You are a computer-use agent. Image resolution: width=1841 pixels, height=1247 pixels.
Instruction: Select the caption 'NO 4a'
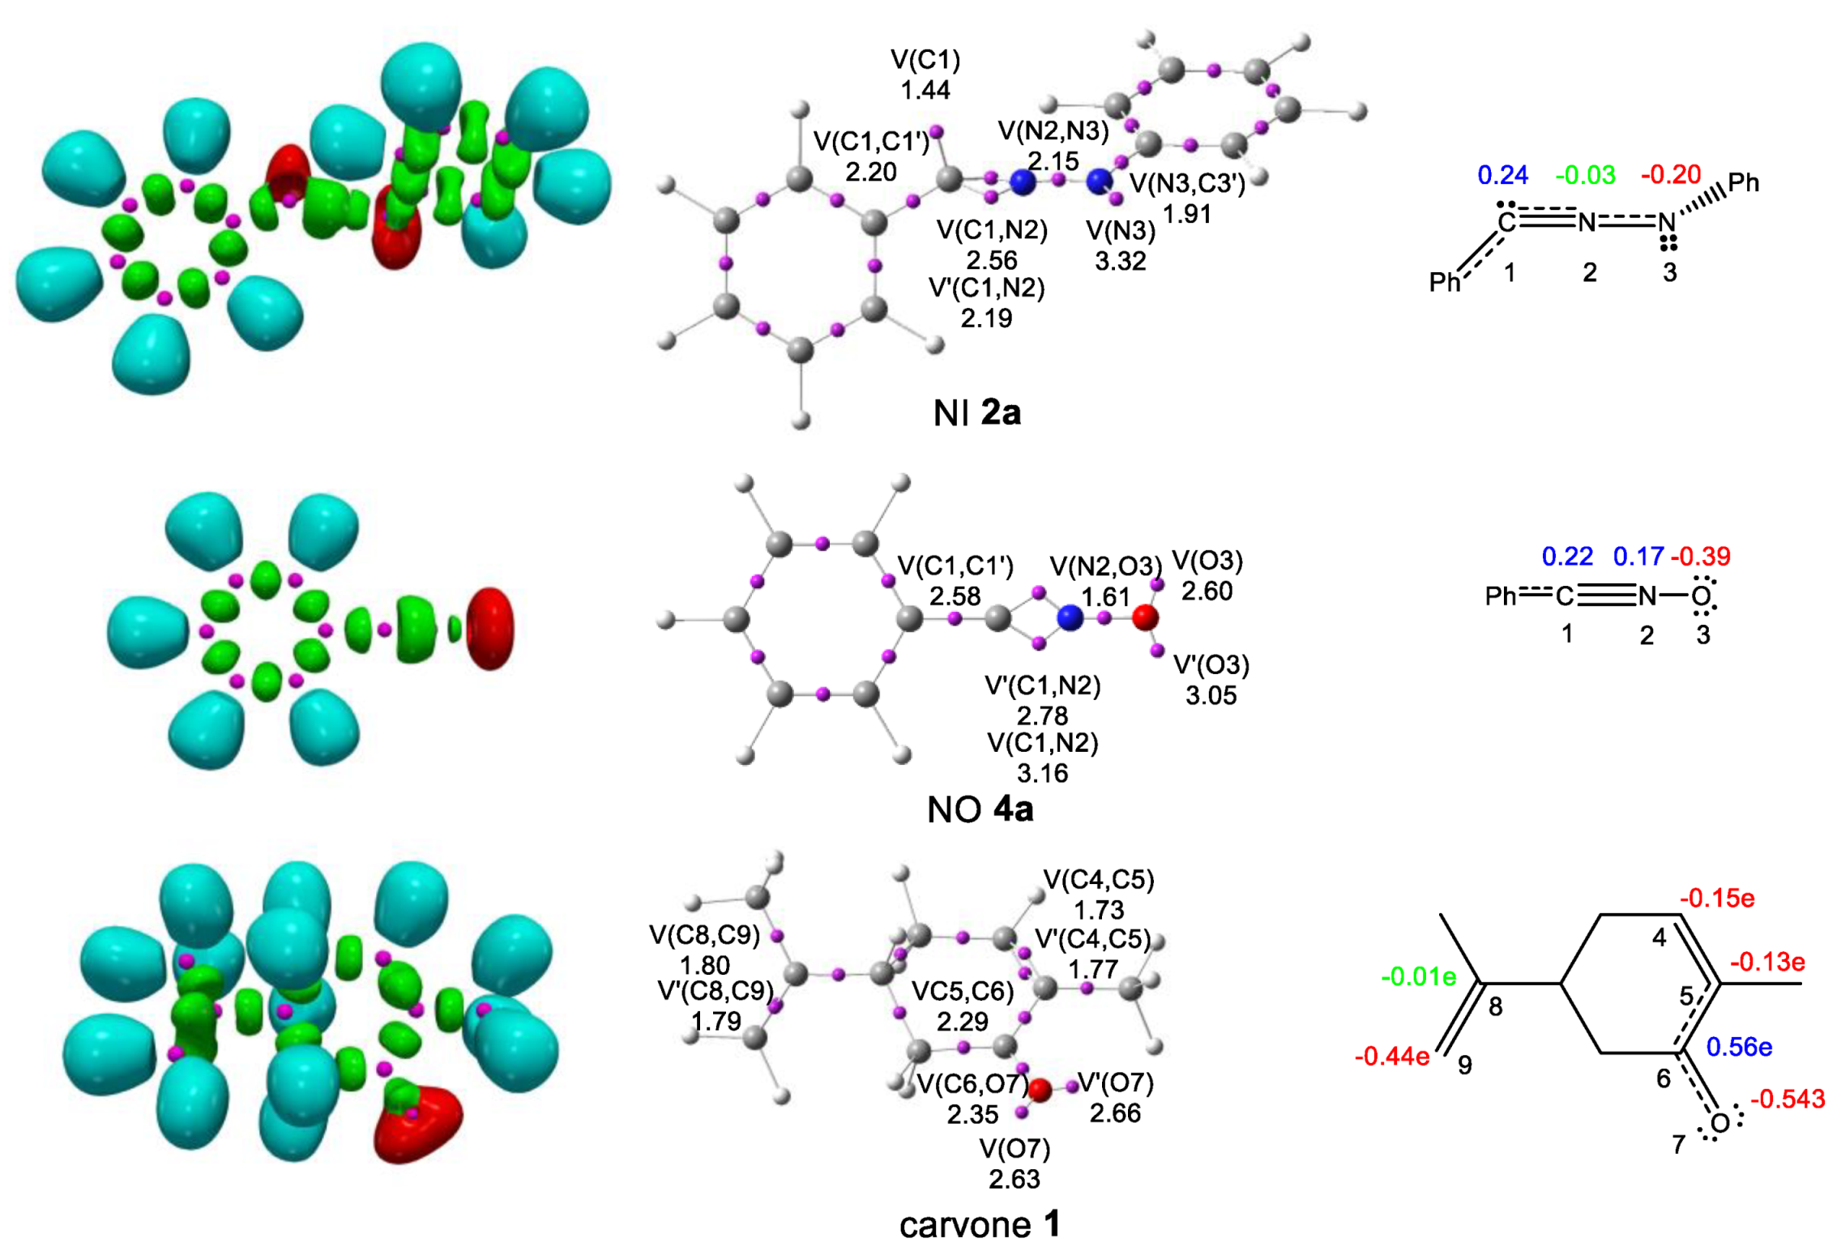coord(980,809)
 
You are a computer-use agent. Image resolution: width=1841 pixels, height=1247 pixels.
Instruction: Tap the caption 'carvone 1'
coord(980,1224)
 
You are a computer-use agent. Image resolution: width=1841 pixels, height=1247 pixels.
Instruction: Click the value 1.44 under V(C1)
coord(925,89)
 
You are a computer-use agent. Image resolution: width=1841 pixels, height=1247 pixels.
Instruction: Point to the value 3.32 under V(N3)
coord(1120,261)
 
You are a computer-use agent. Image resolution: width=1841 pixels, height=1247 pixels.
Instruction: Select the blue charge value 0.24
coord(1502,175)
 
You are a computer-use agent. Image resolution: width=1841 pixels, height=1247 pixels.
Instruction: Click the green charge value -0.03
coord(1585,175)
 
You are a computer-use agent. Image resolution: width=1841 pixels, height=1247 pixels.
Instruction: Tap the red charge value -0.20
coord(1670,175)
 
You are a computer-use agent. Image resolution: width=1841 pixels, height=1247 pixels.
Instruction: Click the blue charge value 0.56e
coord(1739,1047)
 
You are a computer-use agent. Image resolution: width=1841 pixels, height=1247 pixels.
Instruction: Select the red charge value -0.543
coord(1788,1099)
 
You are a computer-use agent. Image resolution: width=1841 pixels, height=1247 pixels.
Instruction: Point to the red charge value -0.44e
coord(1391,1056)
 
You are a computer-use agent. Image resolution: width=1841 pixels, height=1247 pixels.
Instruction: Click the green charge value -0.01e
coord(1418,976)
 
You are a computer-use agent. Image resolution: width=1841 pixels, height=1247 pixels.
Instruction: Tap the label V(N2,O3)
coord(1105,566)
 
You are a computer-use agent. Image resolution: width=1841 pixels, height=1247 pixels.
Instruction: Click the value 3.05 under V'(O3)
coord(1211,695)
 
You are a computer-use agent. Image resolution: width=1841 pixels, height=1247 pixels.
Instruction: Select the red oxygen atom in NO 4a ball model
coord(1144,617)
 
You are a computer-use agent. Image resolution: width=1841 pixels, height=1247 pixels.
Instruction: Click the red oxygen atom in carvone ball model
coord(1040,1090)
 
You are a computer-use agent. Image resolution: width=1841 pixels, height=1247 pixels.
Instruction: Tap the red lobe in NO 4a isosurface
coord(491,629)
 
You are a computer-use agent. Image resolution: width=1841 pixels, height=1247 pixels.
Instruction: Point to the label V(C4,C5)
coord(1098,879)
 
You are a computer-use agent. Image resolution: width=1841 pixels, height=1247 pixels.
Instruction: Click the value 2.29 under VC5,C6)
coord(962,1021)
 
